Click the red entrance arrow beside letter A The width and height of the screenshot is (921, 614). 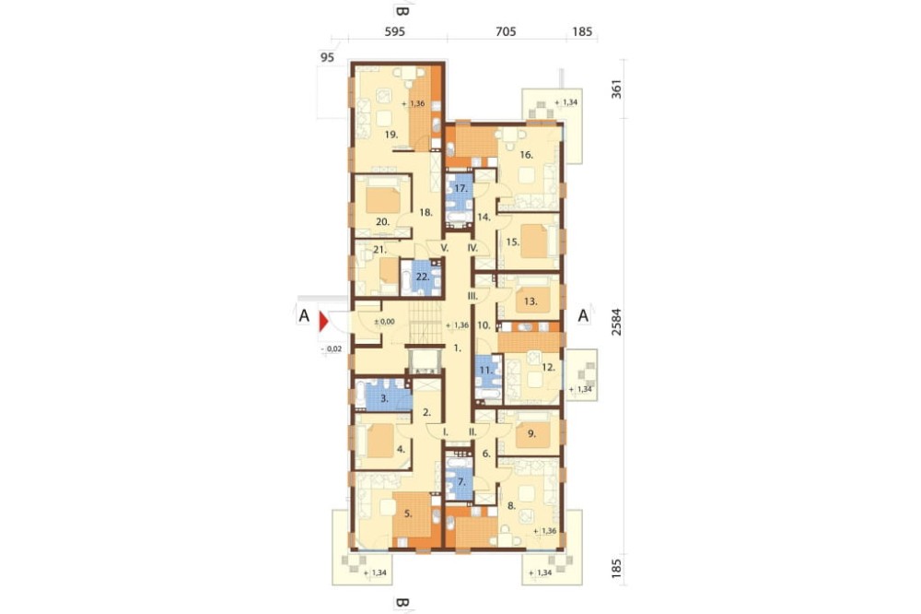323,322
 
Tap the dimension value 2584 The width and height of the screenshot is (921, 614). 615,322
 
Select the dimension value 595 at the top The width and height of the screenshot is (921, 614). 395,31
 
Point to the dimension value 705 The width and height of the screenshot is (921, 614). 506,31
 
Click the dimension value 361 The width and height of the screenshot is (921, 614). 615,89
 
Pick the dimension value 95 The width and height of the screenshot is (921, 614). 327,57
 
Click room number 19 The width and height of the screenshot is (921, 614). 391,134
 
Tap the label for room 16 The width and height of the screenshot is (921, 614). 526,155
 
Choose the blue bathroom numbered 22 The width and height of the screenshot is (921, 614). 421,277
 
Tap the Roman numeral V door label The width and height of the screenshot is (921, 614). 445,248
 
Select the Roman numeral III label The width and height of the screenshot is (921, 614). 472,296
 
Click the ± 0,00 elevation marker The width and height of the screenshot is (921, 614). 385,322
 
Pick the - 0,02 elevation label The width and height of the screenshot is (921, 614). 332,348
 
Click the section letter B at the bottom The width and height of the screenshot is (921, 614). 402,603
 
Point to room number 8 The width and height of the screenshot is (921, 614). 511,505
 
